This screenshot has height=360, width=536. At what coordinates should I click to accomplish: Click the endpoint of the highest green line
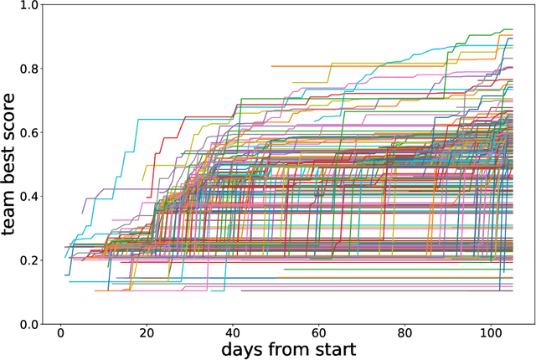tap(512, 29)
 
